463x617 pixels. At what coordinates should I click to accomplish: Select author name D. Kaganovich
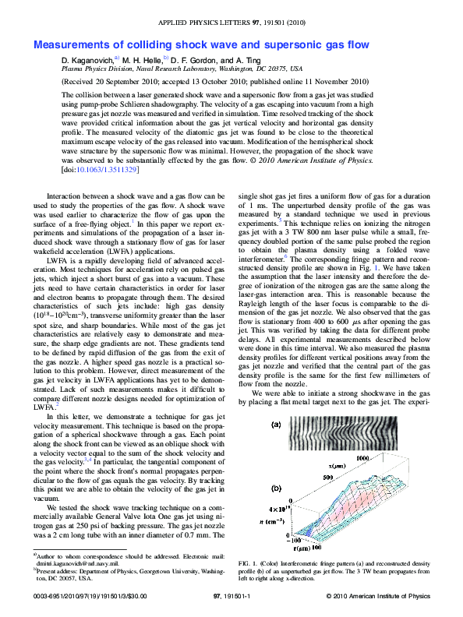click(x=87, y=60)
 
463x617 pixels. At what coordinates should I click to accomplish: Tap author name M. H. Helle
click(x=141, y=60)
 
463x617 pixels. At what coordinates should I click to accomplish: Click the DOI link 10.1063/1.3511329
click(x=93, y=168)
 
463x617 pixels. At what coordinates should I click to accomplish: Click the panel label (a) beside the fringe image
click(x=275, y=425)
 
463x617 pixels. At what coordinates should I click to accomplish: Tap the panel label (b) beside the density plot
click(x=275, y=488)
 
